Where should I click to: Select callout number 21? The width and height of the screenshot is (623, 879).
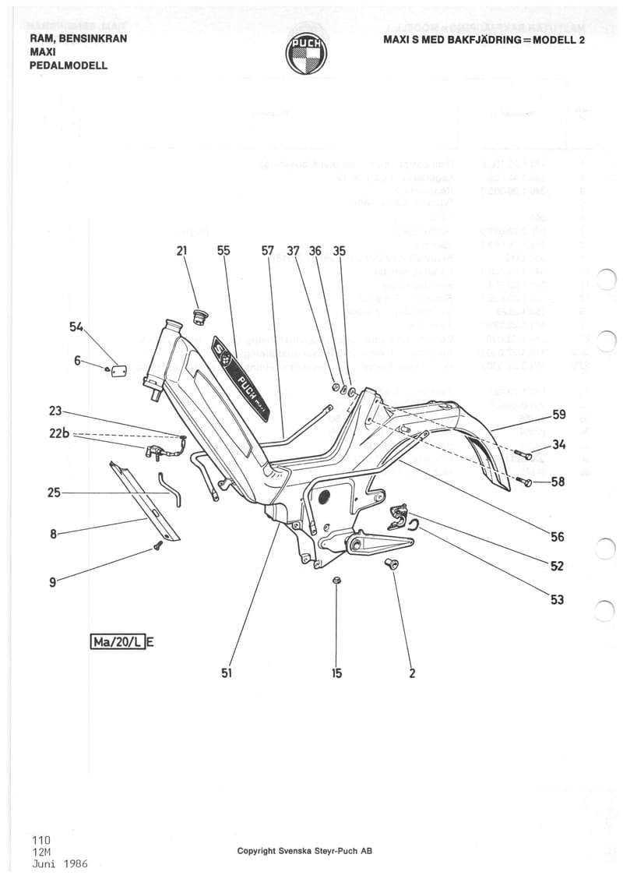181,251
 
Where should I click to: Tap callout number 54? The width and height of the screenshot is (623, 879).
76,329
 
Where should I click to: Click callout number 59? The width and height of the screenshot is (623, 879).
559,415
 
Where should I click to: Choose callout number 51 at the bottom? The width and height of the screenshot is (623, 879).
227,673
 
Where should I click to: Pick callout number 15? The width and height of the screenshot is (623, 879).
336,673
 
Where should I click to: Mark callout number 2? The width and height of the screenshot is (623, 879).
412,673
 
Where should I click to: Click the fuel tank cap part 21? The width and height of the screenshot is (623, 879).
199,316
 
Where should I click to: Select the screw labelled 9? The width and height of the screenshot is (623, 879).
158,545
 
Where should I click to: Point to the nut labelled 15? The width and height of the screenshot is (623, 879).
336,581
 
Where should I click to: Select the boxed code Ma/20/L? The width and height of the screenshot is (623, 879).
118,642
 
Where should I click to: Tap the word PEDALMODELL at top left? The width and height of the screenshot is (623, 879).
69,65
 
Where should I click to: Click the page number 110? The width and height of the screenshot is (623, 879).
42,840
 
